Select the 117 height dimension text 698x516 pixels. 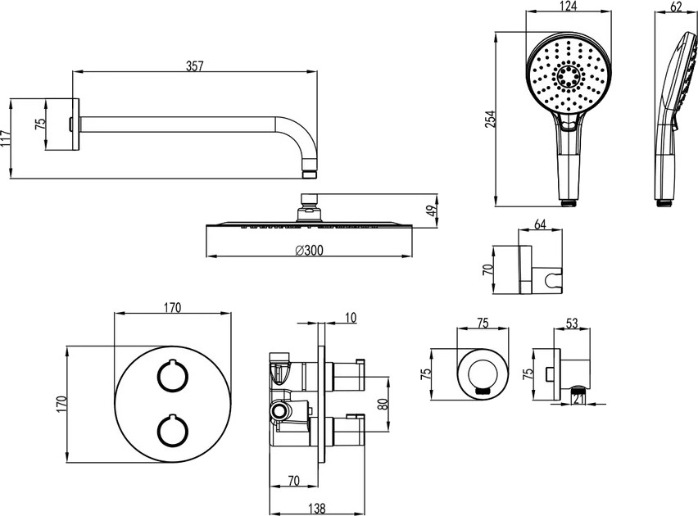point(6,137)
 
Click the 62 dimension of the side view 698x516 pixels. point(676,7)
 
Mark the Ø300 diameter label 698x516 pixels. point(307,250)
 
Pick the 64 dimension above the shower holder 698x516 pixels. point(540,224)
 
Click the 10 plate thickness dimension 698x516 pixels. point(351,315)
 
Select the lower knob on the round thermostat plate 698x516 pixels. point(170,430)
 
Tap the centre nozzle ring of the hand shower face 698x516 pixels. point(566,78)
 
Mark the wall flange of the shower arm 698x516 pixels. point(75,124)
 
